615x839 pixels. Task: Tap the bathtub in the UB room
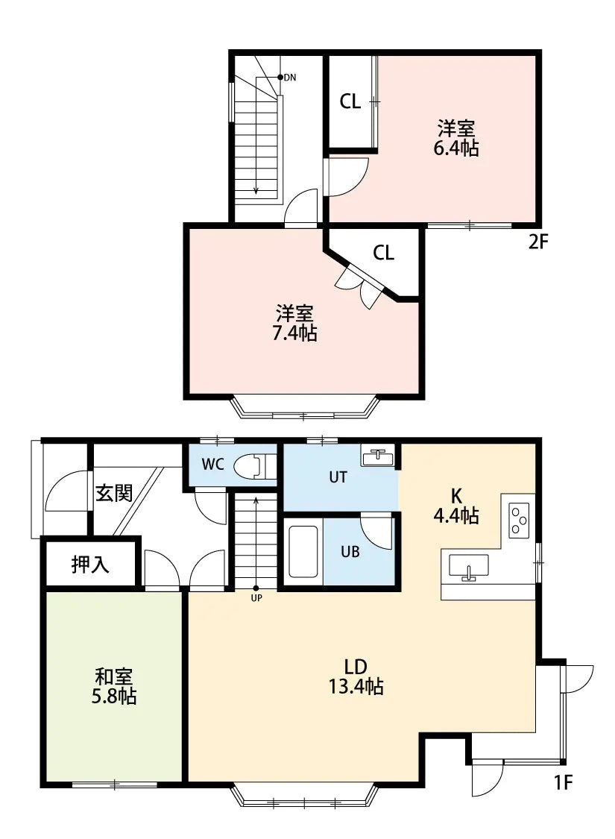[303, 552]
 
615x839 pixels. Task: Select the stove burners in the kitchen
[519, 520]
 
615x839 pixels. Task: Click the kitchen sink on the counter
[468, 567]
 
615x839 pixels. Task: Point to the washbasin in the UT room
[378, 456]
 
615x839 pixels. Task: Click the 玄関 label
[114, 493]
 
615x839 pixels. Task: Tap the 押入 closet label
[90, 565]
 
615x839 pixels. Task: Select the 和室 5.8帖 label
[115, 687]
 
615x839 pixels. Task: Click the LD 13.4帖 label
[356, 676]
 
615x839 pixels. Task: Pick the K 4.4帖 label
[455, 505]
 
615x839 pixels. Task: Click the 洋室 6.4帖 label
[455, 137]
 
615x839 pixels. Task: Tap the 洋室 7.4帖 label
[294, 322]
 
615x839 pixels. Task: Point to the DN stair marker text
[290, 77]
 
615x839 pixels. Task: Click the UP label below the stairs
[256, 597]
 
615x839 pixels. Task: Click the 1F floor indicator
[562, 783]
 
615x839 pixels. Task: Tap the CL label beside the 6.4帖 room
[350, 102]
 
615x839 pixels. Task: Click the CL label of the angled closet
[383, 253]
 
